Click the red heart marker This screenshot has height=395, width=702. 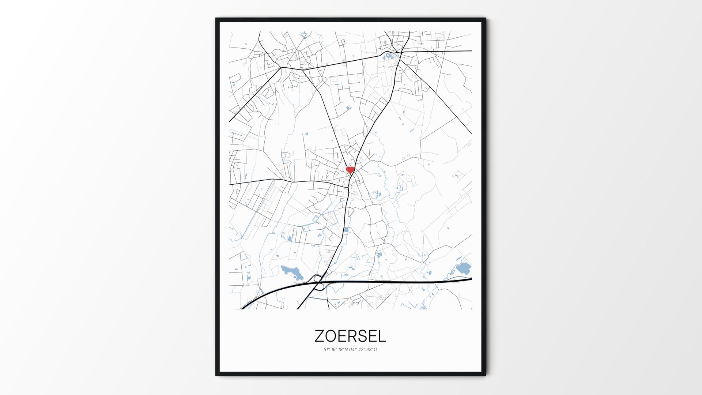tap(350, 170)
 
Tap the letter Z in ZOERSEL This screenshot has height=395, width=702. tap(319, 336)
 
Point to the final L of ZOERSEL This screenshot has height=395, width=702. tap(382, 336)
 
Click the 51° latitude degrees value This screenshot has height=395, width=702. tap(326, 349)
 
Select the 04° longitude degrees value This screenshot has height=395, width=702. tap(352, 349)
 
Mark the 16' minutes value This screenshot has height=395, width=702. tap(334, 349)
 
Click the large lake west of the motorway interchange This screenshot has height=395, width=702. tap(292, 272)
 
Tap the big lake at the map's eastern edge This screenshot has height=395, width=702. tap(463, 269)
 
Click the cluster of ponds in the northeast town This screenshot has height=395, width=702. tap(389, 56)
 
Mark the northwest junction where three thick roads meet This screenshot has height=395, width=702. tap(281, 68)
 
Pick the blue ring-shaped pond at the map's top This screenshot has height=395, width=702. tap(303, 35)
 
